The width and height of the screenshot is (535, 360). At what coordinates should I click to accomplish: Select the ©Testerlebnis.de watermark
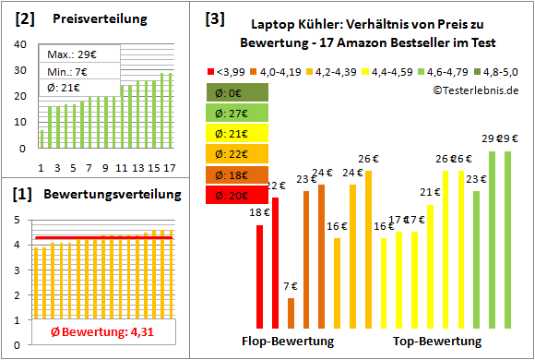[x=475, y=90]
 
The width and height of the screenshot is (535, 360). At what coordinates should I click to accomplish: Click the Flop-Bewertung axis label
[x=288, y=342]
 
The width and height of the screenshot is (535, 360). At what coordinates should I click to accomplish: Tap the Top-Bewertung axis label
[x=437, y=342]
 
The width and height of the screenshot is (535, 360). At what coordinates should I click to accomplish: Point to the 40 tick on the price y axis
[x=21, y=44]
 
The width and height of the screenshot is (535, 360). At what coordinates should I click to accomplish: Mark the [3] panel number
[x=214, y=18]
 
